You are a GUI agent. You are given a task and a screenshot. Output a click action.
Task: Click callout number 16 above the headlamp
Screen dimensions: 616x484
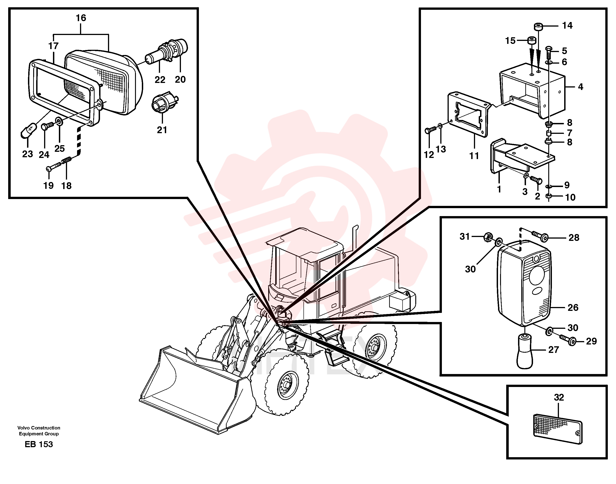pos(81,18)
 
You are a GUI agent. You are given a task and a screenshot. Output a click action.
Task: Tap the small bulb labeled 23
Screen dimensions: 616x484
pos(29,130)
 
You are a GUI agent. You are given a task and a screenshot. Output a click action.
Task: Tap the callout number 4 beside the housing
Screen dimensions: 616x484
pos(580,87)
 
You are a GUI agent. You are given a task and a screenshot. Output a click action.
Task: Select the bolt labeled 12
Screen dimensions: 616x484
pos(430,130)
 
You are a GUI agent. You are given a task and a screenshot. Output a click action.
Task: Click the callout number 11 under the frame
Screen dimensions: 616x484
pos(474,156)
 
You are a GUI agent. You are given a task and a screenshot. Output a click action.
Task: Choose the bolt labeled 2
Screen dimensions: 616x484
pos(536,180)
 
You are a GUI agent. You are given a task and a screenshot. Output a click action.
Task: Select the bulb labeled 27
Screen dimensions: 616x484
pos(525,351)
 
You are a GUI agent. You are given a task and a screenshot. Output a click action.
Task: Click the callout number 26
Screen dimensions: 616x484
pos(573,308)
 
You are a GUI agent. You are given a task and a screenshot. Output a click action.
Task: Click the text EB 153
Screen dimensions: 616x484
pos(39,444)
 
